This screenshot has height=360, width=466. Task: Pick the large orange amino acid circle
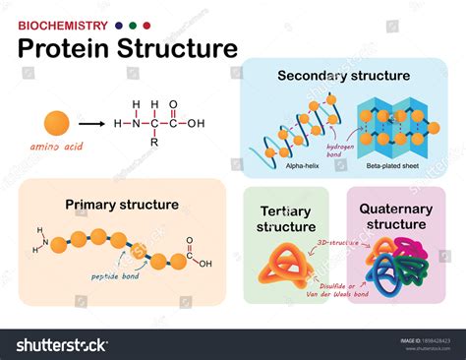(57, 123)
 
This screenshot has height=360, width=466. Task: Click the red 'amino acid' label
(58, 146)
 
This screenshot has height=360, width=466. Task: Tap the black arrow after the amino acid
(92, 124)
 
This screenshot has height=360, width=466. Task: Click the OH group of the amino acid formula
(195, 124)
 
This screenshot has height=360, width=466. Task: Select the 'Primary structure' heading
(122, 205)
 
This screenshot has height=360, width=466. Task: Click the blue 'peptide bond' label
(120, 275)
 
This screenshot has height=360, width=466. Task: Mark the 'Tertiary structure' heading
(287, 219)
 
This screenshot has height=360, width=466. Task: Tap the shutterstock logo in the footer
(61, 345)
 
